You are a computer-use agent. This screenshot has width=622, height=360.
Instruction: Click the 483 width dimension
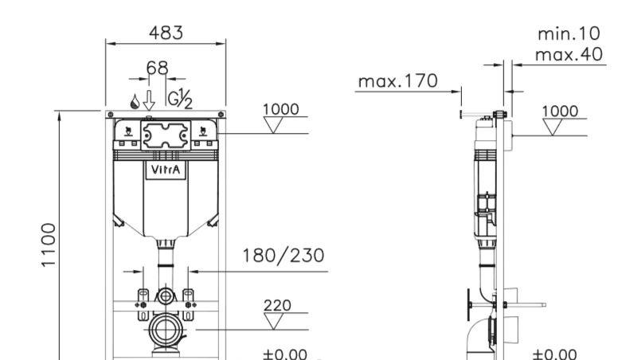pyautogui.click(x=166, y=33)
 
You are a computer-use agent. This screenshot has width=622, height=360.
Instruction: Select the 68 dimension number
pyautogui.click(x=158, y=68)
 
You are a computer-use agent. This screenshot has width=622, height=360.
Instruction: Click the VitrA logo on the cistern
pyautogui.click(x=166, y=170)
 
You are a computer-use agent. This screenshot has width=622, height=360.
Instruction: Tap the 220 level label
pyautogui.click(x=277, y=305)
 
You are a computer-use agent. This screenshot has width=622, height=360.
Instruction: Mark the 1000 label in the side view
pyautogui.click(x=560, y=111)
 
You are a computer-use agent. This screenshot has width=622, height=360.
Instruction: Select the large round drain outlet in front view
pyautogui.click(x=166, y=330)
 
